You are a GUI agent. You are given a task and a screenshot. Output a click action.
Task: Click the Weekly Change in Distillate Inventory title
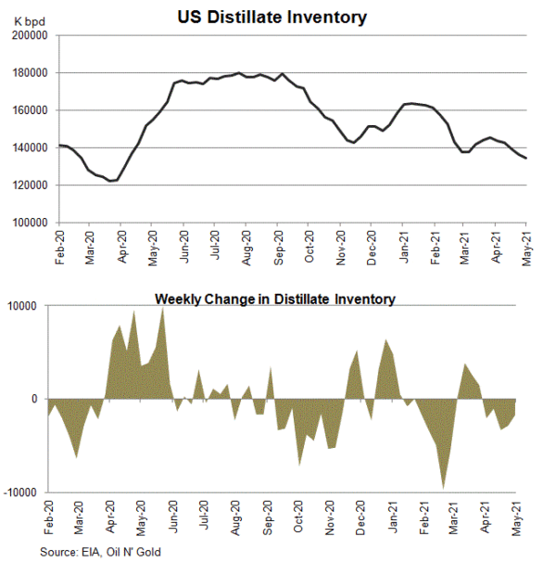(x=274, y=299)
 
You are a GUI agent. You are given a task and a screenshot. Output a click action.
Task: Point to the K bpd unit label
(x=33, y=20)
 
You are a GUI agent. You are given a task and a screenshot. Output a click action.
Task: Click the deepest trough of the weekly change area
(x=444, y=488)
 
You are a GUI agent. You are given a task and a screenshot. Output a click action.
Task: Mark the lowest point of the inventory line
(x=112, y=181)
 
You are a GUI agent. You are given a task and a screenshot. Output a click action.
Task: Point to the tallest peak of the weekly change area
(x=162, y=308)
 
